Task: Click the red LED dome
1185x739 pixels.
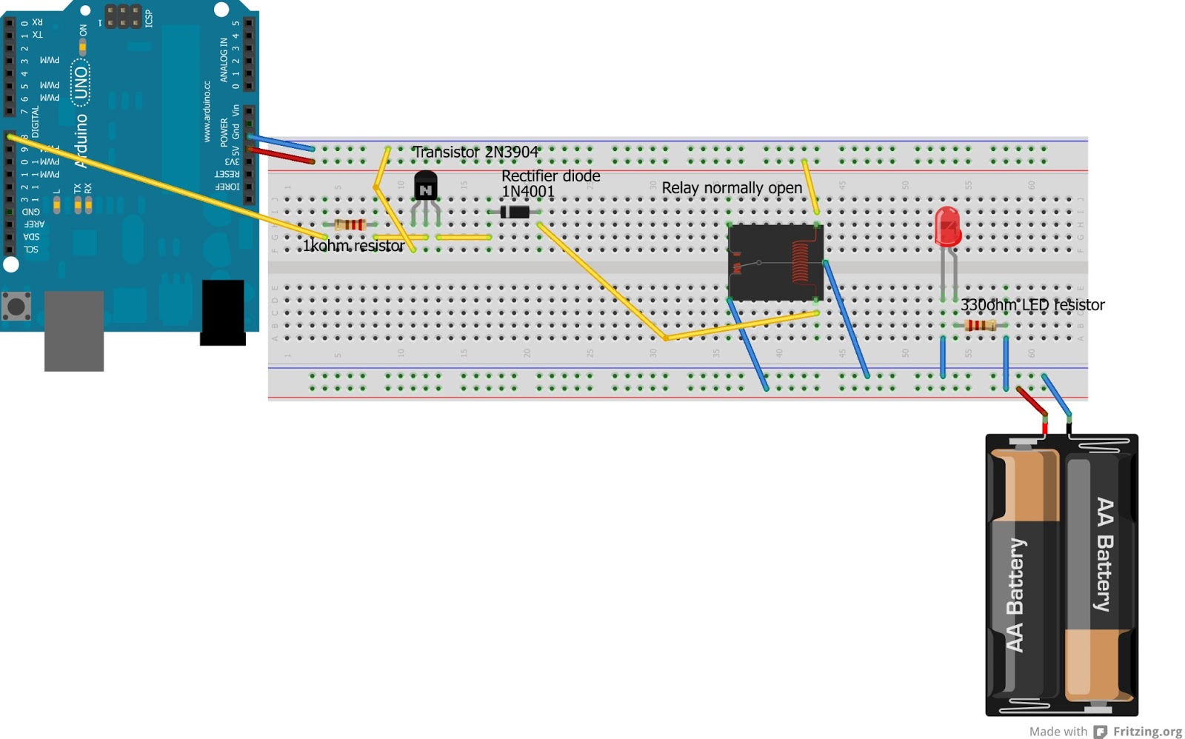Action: coord(947,226)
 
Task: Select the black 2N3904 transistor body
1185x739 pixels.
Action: coord(425,185)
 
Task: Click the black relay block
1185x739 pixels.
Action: coord(775,262)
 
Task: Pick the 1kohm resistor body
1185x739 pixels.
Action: coord(350,224)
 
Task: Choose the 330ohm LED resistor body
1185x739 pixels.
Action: coord(979,325)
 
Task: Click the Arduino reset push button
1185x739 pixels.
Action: coord(16,306)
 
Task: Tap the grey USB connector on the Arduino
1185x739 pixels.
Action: coord(74,330)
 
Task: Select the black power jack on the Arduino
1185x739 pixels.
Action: coord(223,312)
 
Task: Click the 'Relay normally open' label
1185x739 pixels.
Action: coord(731,188)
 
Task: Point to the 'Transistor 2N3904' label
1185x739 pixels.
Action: coord(475,153)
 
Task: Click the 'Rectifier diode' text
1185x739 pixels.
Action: coord(550,176)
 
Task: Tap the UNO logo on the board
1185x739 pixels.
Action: coord(80,83)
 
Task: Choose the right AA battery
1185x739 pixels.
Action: coord(1099,574)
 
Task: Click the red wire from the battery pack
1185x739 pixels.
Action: coord(1032,401)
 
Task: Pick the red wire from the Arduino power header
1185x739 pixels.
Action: coord(281,156)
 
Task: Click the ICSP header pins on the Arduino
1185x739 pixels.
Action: coord(123,16)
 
